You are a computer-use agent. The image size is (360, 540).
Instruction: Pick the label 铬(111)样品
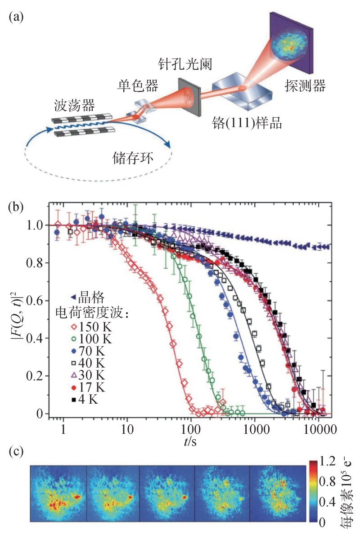click(x=247, y=123)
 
